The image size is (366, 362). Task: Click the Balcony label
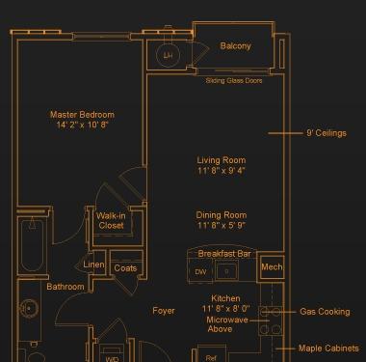pyautogui.click(x=235, y=46)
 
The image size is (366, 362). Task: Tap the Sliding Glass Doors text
pyautogui.click(x=234, y=80)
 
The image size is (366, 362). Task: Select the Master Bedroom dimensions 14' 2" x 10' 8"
pyautogui.click(x=82, y=125)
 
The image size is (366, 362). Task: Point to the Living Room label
pyautogui.click(x=222, y=160)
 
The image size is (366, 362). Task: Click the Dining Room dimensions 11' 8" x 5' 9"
pyautogui.click(x=222, y=225)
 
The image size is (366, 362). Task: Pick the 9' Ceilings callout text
pyautogui.click(x=327, y=133)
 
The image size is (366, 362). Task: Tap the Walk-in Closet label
pyautogui.click(x=111, y=221)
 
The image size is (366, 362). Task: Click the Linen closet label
pyautogui.click(x=93, y=265)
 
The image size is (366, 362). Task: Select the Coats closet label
pyautogui.click(x=125, y=268)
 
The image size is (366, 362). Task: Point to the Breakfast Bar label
pyautogui.click(x=224, y=254)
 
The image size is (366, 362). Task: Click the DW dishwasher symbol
pyautogui.click(x=200, y=272)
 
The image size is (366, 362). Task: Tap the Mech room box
pyautogui.click(x=272, y=266)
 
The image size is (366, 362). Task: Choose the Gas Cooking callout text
pyautogui.click(x=325, y=312)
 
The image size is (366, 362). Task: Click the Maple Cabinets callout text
pyautogui.click(x=328, y=348)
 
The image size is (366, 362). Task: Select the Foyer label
pyautogui.click(x=164, y=311)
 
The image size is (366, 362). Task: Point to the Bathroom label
pyautogui.click(x=65, y=287)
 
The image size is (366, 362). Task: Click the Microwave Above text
pyautogui.click(x=227, y=324)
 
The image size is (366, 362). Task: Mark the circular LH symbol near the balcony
pyautogui.click(x=168, y=55)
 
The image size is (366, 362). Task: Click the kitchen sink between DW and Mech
pyautogui.click(x=226, y=271)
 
